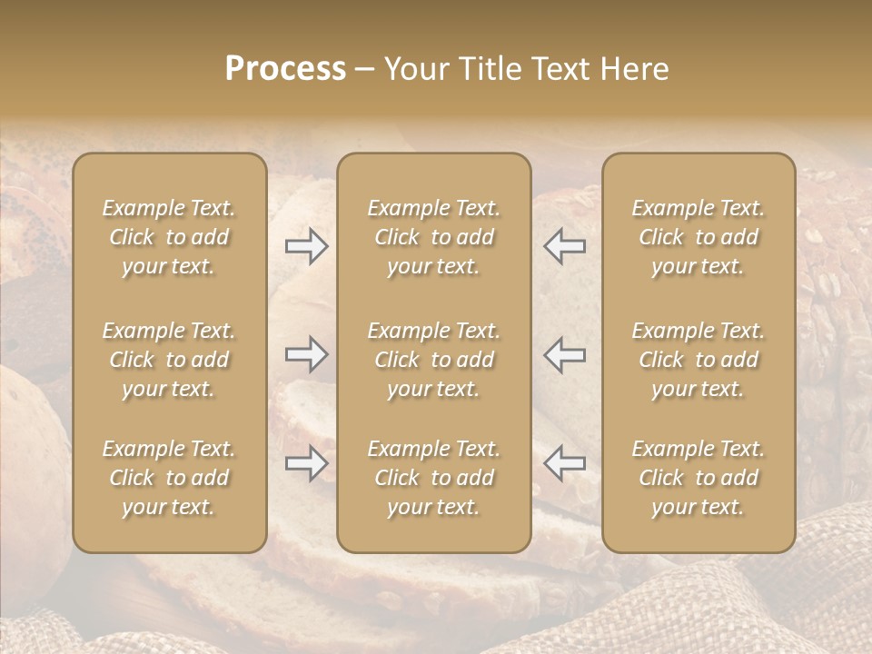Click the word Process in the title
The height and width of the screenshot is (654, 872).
tap(285, 69)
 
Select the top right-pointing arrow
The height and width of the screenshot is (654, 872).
tap(307, 246)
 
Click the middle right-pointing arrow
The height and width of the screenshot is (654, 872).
tap(307, 354)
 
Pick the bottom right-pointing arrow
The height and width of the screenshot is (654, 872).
tap(307, 463)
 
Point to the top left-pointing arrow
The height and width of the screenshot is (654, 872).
tap(564, 246)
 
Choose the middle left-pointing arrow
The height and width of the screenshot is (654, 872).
tap(564, 354)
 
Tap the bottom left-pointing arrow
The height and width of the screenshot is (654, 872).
tap(564, 463)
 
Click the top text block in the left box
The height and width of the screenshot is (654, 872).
tap(169, 237)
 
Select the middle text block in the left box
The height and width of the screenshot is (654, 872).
tap(169, 360)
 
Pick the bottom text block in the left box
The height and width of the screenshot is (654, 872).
tap(169, 478)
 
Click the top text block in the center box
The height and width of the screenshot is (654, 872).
tap(433, 237)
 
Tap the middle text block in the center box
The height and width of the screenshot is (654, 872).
tap(433, 360)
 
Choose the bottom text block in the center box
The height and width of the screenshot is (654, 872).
tap(433, 478)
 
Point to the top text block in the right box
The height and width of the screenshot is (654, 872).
tap(699, 237)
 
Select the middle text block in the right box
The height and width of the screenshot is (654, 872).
tap(699, 360)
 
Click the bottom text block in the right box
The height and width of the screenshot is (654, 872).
tap(699, 478)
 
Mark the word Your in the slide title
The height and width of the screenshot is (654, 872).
tap(413, 69)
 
